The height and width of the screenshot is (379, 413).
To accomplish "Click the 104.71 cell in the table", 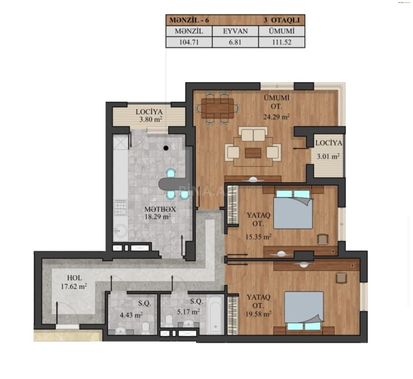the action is pyautogui.click(x=189, y=42).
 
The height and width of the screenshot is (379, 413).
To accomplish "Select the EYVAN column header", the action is pyautogui.click(x=235, y=31).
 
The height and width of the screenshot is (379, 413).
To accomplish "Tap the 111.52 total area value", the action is pyautogui.click(x=282, y=42).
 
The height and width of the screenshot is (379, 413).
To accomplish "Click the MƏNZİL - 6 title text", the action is pyautogui.click(x=189, y=20).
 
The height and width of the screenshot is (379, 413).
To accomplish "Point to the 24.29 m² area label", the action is pyautogui.click(x=276, y=117).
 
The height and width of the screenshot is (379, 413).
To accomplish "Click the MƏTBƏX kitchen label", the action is pyautogui.click(x=160, y=209).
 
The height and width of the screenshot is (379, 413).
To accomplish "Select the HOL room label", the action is pyautogui.click(x=75, y=278).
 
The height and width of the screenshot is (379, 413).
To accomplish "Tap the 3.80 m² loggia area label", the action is pyautogui.click(x=151, y=119).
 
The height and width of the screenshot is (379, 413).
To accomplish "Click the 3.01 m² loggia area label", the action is pyautogui.click(x=328, y=157).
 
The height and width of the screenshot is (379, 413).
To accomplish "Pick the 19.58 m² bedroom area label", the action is pyautogui.click(x=258, y=314).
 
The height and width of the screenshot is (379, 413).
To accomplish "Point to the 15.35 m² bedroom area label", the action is pyautogui.click(x=258, y=237).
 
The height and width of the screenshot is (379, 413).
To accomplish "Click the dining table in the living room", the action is pyautogui.click(x=218, y=108).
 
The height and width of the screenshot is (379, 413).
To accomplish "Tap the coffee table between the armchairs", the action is pyautogui.click(x=253, y=153).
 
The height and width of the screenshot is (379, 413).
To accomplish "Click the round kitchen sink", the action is pyautogui.click(x=120, y=231).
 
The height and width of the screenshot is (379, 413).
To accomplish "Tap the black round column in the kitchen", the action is pyautogui.click(x=166, y=148).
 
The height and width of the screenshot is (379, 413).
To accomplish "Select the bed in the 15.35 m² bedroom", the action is pyautogui.click(x=293, y=209).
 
